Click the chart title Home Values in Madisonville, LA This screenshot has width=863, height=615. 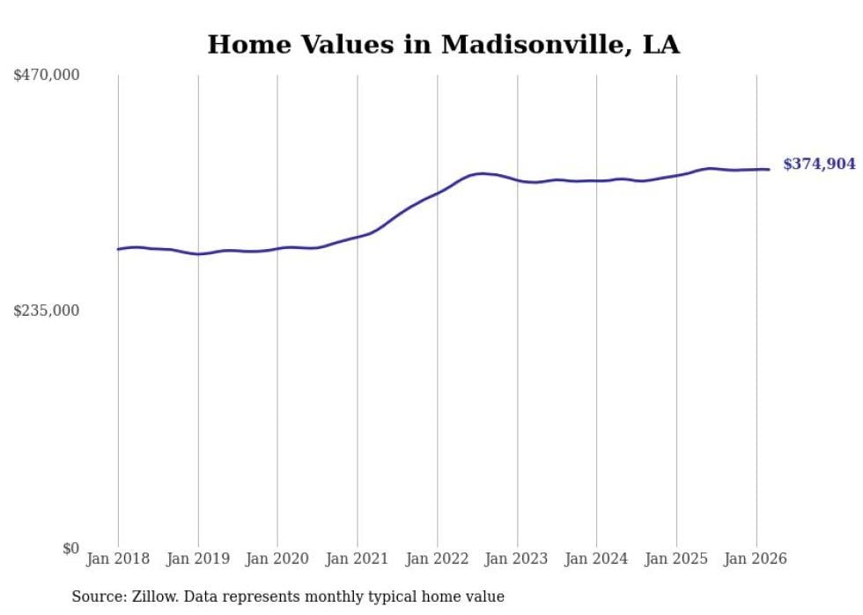(443, 45)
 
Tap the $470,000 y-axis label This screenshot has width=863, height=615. (47, 76)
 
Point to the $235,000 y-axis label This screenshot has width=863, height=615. (47, 311)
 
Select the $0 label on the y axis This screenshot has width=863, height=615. (70, 548)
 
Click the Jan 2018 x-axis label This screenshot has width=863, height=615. (118, 559)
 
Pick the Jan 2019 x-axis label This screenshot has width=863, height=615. (198, 559)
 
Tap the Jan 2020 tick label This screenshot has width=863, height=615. (277, 559)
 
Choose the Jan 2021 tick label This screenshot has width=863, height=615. (358, 559)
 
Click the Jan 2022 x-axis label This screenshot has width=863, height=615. (438, 559)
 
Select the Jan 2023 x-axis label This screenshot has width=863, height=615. (517, 559)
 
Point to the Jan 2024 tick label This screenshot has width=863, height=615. (597, 559)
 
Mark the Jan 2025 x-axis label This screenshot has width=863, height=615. (676, 559)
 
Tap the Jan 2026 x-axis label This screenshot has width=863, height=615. (756, 559)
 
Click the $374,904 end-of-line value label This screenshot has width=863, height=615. (819, 164)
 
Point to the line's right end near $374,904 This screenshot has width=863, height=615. (769, 170)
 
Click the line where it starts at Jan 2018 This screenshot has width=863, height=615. (119, 249)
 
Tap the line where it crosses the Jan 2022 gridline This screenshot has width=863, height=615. (438, 191)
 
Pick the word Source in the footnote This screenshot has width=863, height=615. (97, 597)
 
